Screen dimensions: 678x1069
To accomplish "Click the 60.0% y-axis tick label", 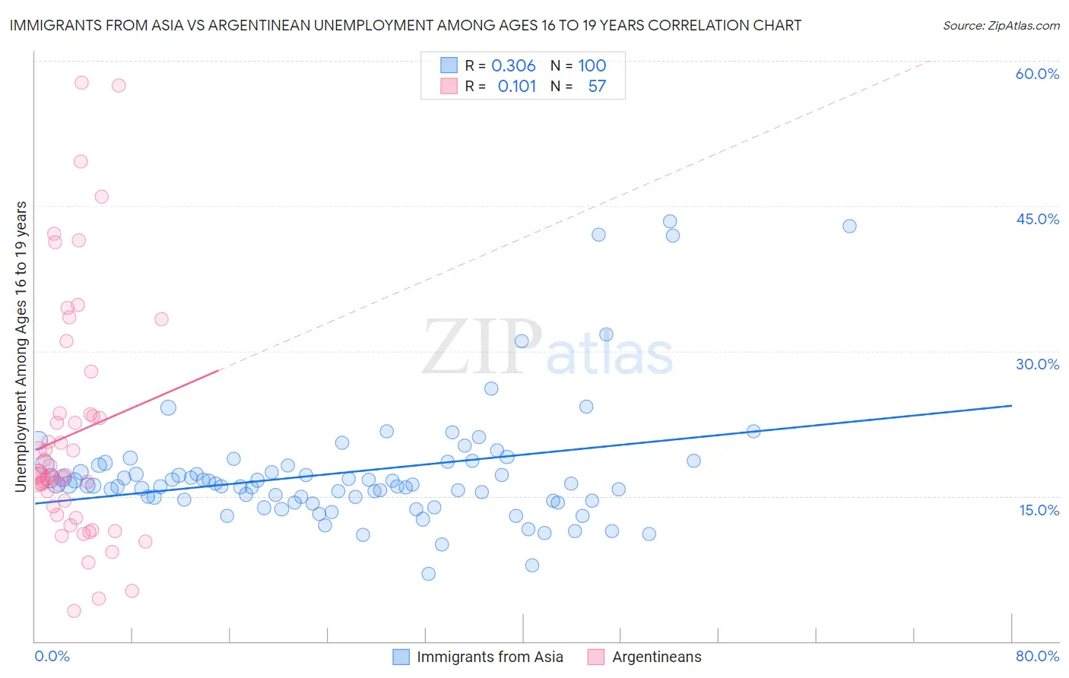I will pyautogui.click(x=1037, y=74).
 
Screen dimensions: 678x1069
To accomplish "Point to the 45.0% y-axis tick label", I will pyautogui.click(x=1037, y=219).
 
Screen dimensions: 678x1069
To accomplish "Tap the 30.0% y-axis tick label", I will pyautogui.click(x=1037, y=364).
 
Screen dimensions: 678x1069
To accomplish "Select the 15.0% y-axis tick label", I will pyautogui.click(x=1039, y=510).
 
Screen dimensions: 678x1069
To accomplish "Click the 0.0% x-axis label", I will pyautogui.click(x=52, y=656).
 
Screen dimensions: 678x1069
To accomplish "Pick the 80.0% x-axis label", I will pyautogui.click(x=1037, y=656).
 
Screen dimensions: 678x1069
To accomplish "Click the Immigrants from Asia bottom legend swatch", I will pyautogui.click(x=401, y=657).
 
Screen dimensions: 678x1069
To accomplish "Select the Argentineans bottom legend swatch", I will pyautogui.click(x=596, y=657).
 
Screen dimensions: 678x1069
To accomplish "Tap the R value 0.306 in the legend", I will pyautogui.click(x=513, y=65).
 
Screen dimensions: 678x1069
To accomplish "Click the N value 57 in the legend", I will pyautogui.click(x=597, y=86).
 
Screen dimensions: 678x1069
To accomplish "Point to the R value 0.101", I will pyautogui.click(x=517, y=86).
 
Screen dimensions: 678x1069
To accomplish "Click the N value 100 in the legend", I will pyautogui.click(x=592, y=65).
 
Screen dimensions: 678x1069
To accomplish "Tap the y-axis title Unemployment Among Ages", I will pyautogui.click(x=21, y=347).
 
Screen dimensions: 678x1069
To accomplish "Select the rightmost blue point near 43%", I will pyautogui.click(x=849, y=226).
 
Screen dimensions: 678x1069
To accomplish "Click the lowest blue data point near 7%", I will pyautogui.click(x=428, y=574).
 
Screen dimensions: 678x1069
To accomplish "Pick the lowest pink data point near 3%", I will pyautogui.click(x=74, y=611).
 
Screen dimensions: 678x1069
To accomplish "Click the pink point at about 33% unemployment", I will pyautogui.click(x=161, y=319).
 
